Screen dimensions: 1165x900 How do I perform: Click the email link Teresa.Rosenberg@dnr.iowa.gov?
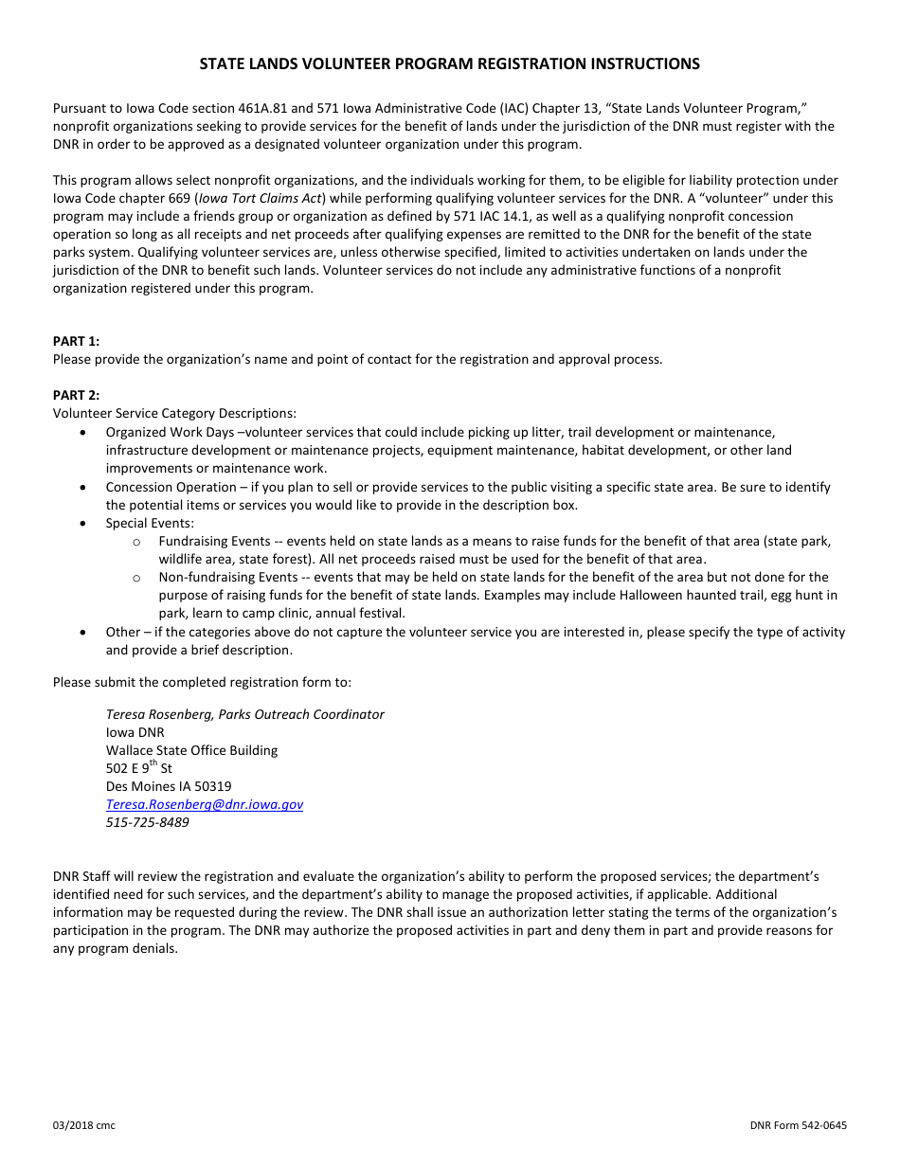coord(205,804)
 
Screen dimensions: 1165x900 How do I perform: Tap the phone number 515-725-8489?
coord(147,822)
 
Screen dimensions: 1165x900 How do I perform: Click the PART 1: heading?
coord(76,341)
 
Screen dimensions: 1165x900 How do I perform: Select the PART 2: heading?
coord(76,395)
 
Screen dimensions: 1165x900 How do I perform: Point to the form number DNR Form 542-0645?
coord(798,1125)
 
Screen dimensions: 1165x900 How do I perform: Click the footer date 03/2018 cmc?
coord(84,1125)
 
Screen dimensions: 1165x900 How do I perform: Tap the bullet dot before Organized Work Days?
coord(85,432)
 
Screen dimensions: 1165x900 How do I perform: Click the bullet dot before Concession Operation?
coord(85,487)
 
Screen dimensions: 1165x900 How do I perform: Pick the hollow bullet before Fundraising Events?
coord(137,542)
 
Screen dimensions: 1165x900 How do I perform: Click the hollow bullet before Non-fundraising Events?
coord(137,578)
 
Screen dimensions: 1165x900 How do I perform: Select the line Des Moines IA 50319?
coord(169,786)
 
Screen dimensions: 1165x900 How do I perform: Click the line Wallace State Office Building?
coord(191,750)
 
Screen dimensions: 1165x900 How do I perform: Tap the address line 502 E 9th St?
coord(138,768)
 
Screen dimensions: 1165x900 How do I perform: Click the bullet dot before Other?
coord(85,632)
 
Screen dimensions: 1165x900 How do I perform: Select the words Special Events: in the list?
coord(150,523)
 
